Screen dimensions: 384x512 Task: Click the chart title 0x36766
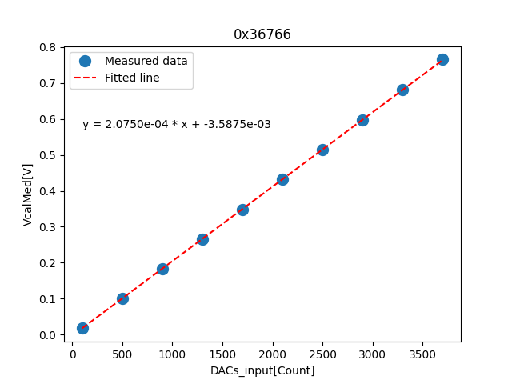coord(262,34)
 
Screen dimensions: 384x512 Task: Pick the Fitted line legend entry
coord(132,78)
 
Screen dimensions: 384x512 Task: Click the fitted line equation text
coord(176,124)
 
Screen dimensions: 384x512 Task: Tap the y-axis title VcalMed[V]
coord(28,194)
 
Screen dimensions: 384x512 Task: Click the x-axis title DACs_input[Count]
coord(262,370)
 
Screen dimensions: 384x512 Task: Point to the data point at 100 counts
coord(82,328)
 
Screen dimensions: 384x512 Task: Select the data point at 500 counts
coord(122,298)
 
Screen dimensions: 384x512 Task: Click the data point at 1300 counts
coord(202,239)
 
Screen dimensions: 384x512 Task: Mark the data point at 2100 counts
coord(282,179)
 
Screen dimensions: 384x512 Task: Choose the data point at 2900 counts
coord(362,120)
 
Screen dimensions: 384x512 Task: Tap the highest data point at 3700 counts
coord(442,59)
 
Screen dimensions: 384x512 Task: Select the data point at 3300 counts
coord(402,90)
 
